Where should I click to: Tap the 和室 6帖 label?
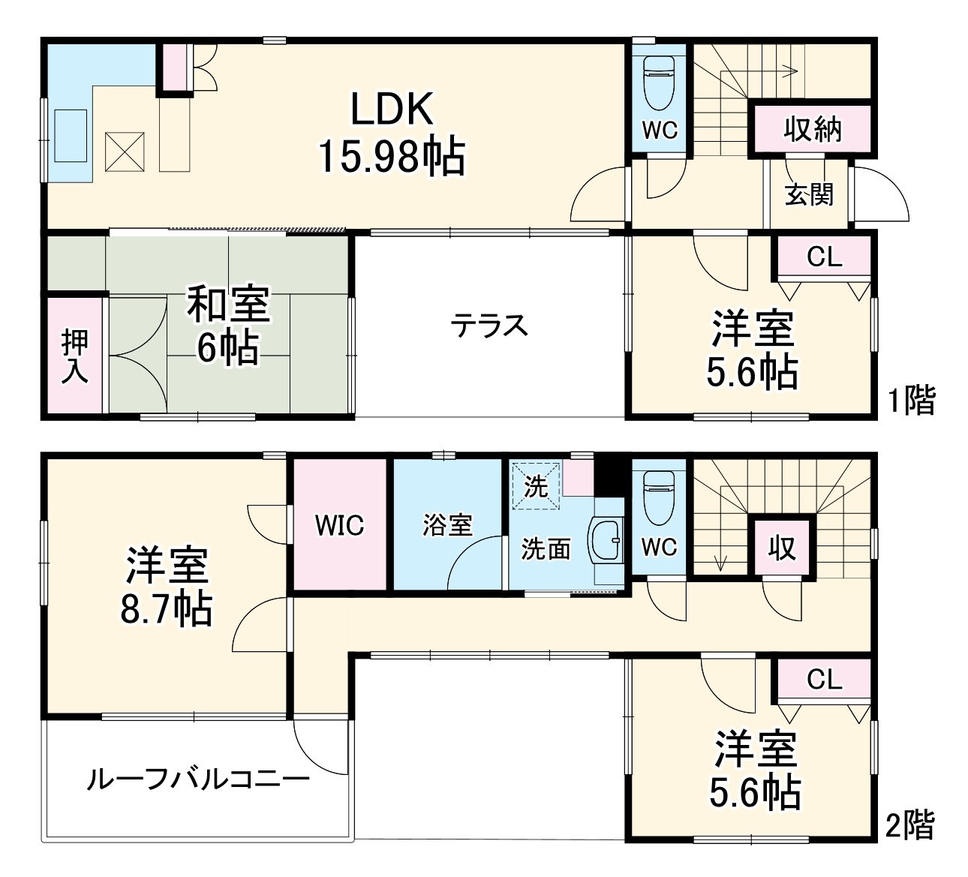(227, 326)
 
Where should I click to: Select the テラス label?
(489, 326)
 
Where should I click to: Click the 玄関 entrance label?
(810, 194)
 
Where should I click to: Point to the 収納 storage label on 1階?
(813, 130)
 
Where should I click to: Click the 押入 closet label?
(75, 356)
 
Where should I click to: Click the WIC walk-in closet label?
(339, 525)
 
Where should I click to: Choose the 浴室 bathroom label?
(447, 525)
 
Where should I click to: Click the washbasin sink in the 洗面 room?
(608, 540)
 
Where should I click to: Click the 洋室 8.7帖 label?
(167, 587)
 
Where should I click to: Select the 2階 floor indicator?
(909, 825)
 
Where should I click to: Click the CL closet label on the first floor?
(824, 257)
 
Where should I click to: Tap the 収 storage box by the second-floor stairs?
(782, 548)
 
